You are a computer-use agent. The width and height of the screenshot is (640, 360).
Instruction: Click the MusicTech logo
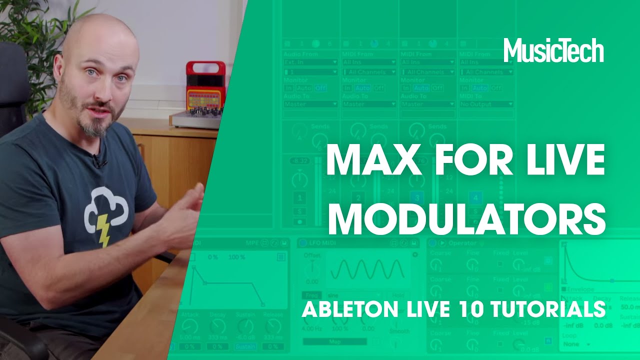(553, 50)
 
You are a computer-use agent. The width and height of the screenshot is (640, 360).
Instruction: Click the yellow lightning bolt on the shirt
(103, 230)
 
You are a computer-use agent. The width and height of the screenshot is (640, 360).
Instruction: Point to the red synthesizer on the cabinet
(205, 88)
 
